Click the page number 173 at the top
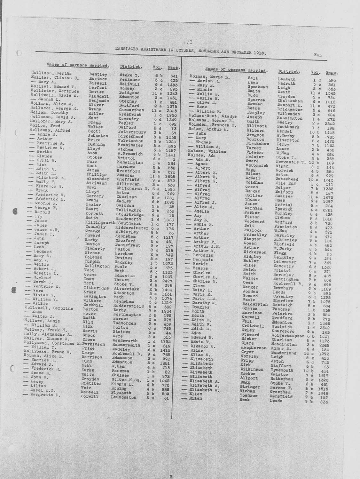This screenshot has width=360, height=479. (x=187, y=42)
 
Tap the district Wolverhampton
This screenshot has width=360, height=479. (x=287, y=336)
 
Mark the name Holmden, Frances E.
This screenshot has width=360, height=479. (x=212, y=125)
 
